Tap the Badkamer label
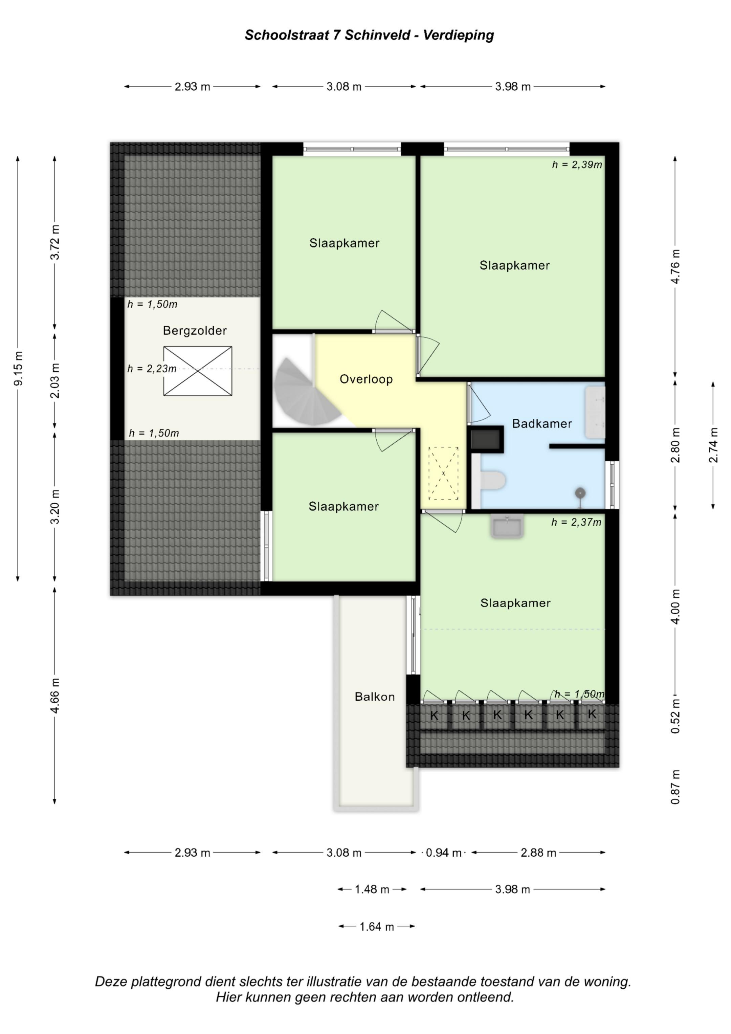[542, 423]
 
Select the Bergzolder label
[195, 331]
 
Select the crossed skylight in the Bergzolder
[198, 371]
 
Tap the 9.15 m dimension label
[19, 368]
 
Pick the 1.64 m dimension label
[377, 926]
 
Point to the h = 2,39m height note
[577, 165]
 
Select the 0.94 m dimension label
[444, 853]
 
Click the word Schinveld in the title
[377, 35]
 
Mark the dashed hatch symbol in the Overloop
[443, 473]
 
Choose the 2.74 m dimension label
[713, 445]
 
